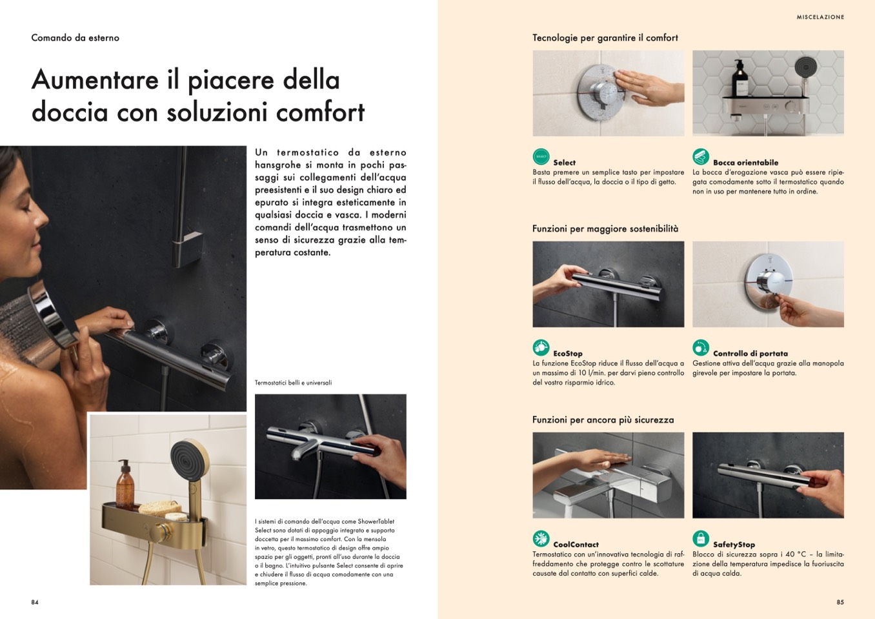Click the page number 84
(x=35, y=602)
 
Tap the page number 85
(x=840, y=602)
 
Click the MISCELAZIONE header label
(x=820, y=17)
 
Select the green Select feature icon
(x=541, y=157)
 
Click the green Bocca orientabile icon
(x=701, y=157)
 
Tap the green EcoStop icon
(x=541, y=347)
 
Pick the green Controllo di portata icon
(x=701, y=347)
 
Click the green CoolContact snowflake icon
(x=541, y=538)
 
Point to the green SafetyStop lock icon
(x=701, y=538)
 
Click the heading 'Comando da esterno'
(x=75, y=38)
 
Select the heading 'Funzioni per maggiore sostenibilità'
(x=605, y=228)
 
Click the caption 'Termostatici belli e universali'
(x=294, y=383)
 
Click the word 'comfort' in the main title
(x=320, y=112)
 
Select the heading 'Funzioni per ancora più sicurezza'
(x=603, y=420)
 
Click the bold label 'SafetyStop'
(x=734, y=544)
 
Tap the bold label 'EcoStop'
(x=568, y=353)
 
